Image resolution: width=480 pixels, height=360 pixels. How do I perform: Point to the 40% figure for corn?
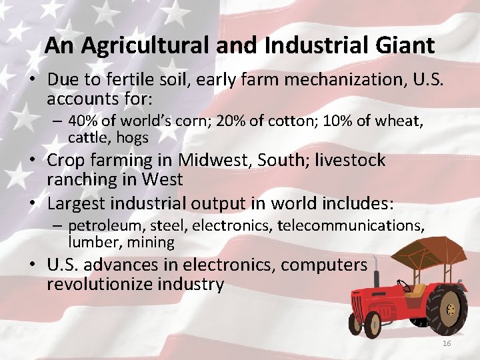(82, 121)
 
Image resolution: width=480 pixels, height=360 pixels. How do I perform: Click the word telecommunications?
(351, 225)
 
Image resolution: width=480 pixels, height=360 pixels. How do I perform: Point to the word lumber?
(91, 241)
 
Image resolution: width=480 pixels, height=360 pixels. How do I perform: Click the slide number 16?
(447, 343)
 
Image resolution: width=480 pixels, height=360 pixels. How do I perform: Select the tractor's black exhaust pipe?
(377, 278)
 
